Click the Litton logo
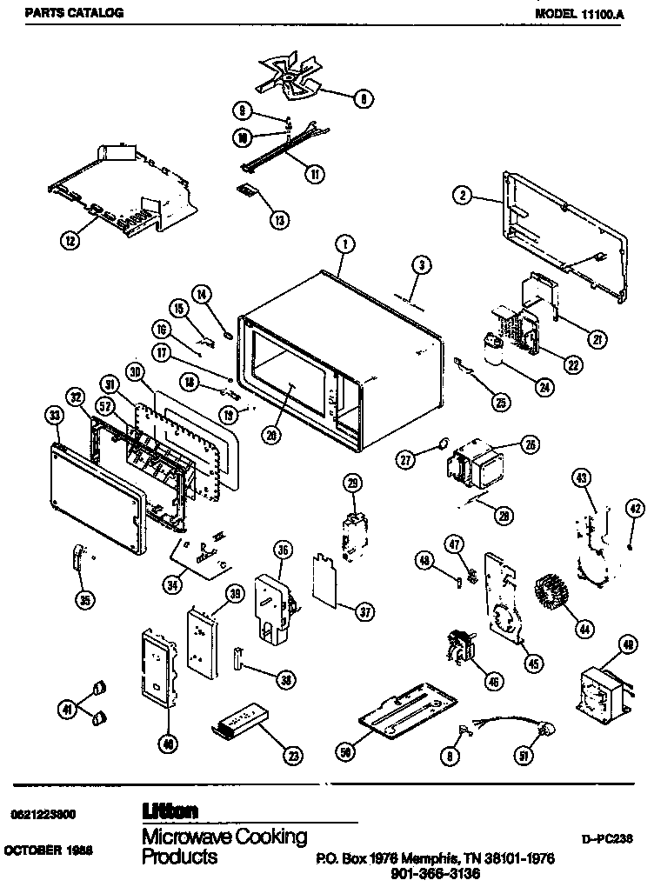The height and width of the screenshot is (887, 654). point(170,810)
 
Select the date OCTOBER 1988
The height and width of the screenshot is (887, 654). point(49,849)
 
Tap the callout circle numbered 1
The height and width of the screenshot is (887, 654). point(345,244)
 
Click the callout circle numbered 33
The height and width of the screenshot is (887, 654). point(55,417)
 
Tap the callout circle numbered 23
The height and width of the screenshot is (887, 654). point(294,756)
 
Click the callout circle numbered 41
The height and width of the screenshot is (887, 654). point(66,710)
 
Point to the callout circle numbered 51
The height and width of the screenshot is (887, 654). point(524,756)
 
